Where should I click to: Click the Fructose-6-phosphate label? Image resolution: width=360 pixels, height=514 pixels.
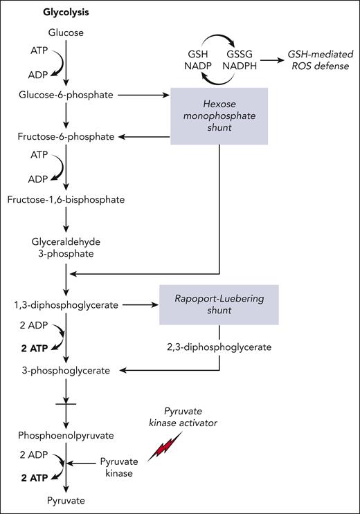click(66, 137)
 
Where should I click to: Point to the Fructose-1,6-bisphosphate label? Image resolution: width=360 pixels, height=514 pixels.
click(66, 200)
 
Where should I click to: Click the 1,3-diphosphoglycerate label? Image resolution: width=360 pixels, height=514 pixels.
click(66, 304)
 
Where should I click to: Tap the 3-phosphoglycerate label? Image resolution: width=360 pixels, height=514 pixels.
click(66, 370)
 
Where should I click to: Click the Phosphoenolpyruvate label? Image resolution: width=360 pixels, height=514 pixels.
click(66, 436)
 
